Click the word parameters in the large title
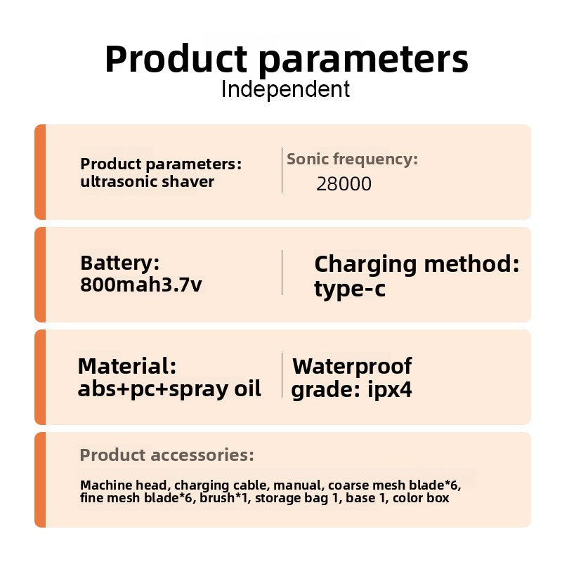(x=363, y=60)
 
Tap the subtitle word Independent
(x=286, y=89)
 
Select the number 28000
(x=344, y=184)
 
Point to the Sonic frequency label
(x=353, y=159)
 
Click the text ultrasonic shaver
(x=147, y=181)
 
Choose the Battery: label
(x=119, y=263)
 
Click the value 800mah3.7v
(x=141, y=285)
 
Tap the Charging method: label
(x=417, y=265)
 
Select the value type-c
(x=350, y=289)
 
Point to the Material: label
(x=127, y=366)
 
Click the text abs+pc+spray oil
(x=169, y=389)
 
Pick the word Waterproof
(x=352, y=366)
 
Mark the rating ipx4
(x=390, y=390)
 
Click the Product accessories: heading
(x=166, y=455)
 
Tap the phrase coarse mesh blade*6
(x=393, y=485)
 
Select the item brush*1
(x=224, y=498)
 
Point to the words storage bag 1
(x=296, y=498)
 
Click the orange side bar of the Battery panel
(x=40, y=275)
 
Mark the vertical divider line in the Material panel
(x=282, y=375)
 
